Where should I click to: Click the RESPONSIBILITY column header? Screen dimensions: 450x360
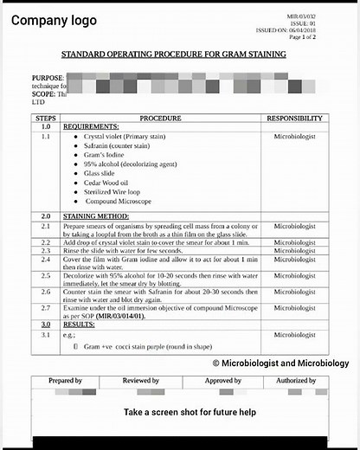tap(294, 118)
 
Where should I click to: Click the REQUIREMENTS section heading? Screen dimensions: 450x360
tap(91, 127)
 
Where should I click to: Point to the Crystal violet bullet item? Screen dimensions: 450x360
tap(119, 138)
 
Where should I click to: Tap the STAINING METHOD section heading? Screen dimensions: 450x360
tap(96, 215)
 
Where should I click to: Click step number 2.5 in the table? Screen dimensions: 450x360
tap(45, 276)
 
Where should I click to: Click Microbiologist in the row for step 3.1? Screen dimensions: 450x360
tap(294, 334)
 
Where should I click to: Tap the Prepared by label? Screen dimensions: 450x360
tap(66, 381)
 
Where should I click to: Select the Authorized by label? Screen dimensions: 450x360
tap(296, 381)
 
